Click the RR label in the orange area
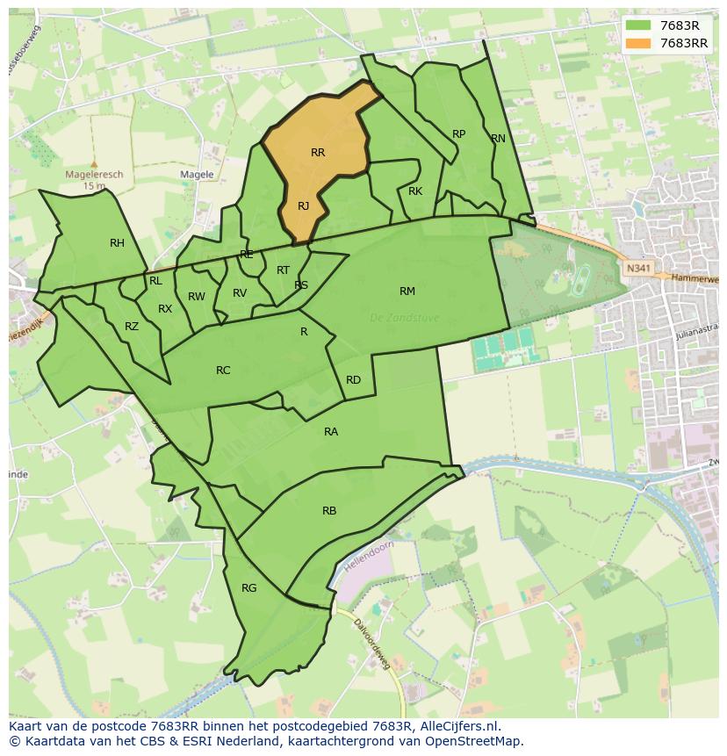pos(318,153)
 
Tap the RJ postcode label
pos(303,206)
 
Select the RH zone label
pos(117,243)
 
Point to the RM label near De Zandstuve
pos(407,292)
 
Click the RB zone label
pos(329,511)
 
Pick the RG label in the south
pos(248,588)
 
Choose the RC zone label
pos(223,371)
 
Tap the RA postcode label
pos(331,432)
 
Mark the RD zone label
pos(353,380)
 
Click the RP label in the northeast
pos(458,134)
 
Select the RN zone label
pos(498,139)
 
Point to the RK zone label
pos(415,191)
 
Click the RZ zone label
pos(132,327)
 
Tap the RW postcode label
pos(197,297)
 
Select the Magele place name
pos(197,175)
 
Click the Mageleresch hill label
pos(94,175)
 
